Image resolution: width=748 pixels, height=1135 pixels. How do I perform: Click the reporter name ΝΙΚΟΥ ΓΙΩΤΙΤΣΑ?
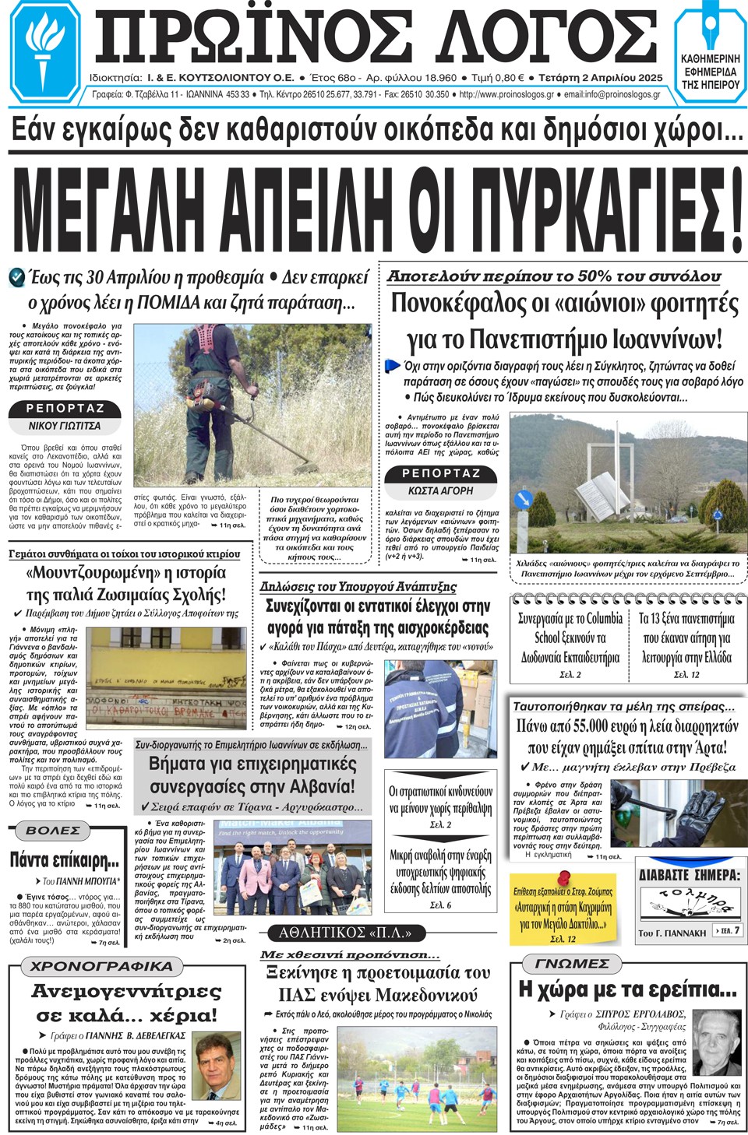point(65,426)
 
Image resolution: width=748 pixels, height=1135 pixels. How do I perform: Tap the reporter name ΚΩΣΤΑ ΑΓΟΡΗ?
point(441,491)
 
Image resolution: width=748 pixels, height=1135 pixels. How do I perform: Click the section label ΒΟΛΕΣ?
point(53,831)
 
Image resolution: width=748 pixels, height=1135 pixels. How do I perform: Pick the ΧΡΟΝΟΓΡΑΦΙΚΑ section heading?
point(101,966)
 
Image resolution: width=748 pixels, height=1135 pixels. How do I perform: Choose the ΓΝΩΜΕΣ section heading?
point(572,963)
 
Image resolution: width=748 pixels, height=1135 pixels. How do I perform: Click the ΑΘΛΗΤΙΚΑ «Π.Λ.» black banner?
point(344,933)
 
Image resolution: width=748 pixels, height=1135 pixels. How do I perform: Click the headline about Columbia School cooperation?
point(570,638)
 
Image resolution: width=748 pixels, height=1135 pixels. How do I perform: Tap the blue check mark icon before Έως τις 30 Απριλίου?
point(16,276)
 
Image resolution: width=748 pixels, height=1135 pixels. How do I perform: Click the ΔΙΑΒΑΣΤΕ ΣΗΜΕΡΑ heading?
point(689,874)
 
